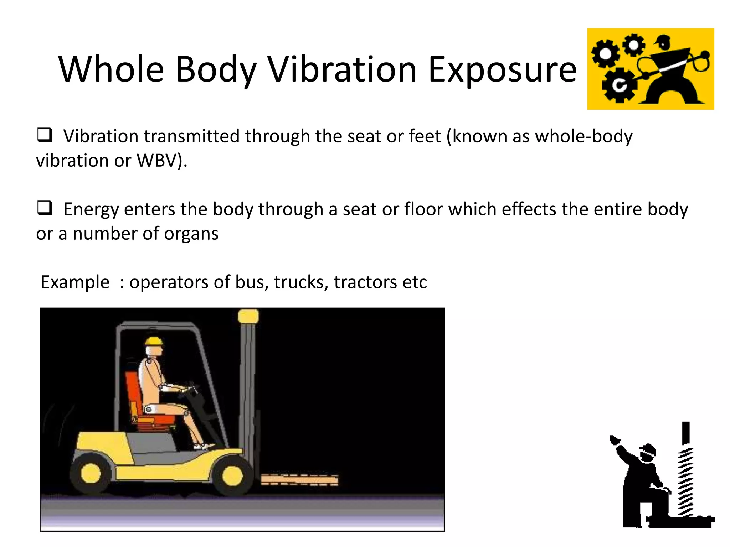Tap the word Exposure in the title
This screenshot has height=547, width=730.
(502, 70)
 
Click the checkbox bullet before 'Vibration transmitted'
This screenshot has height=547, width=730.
(45, 135)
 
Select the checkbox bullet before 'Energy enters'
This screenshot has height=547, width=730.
(45, 208)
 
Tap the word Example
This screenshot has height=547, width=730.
(75, 282)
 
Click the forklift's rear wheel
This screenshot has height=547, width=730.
(91, 473)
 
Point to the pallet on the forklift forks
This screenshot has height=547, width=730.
(299, 480)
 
